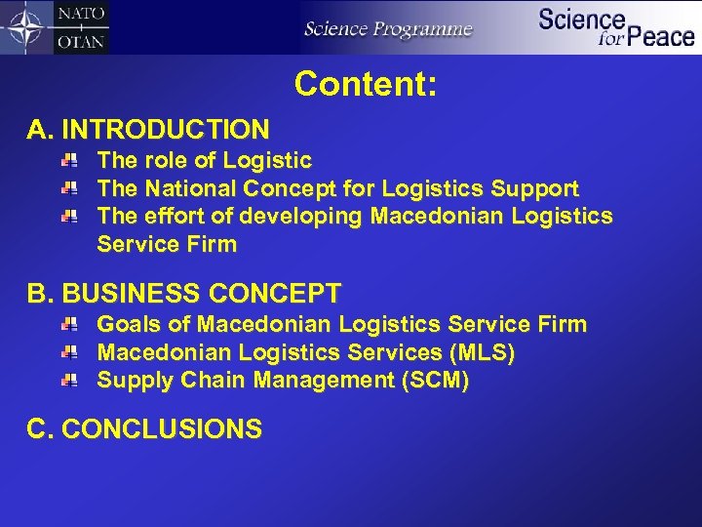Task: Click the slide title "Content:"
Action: tap(365, 84)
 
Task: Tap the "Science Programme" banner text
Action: tap(388, 28)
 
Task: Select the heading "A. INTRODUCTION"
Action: tap(148, 129)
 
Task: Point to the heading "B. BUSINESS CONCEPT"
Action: tap(184, 293)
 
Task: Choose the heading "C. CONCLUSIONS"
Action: tap(144, 428)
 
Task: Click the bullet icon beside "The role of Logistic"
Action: tap(71, 159)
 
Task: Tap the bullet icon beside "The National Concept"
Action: tap(71, 187)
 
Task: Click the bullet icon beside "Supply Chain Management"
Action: tap(71, 380)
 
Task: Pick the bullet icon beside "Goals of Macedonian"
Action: tap(71, 323)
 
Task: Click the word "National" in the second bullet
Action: tap(191, 188)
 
